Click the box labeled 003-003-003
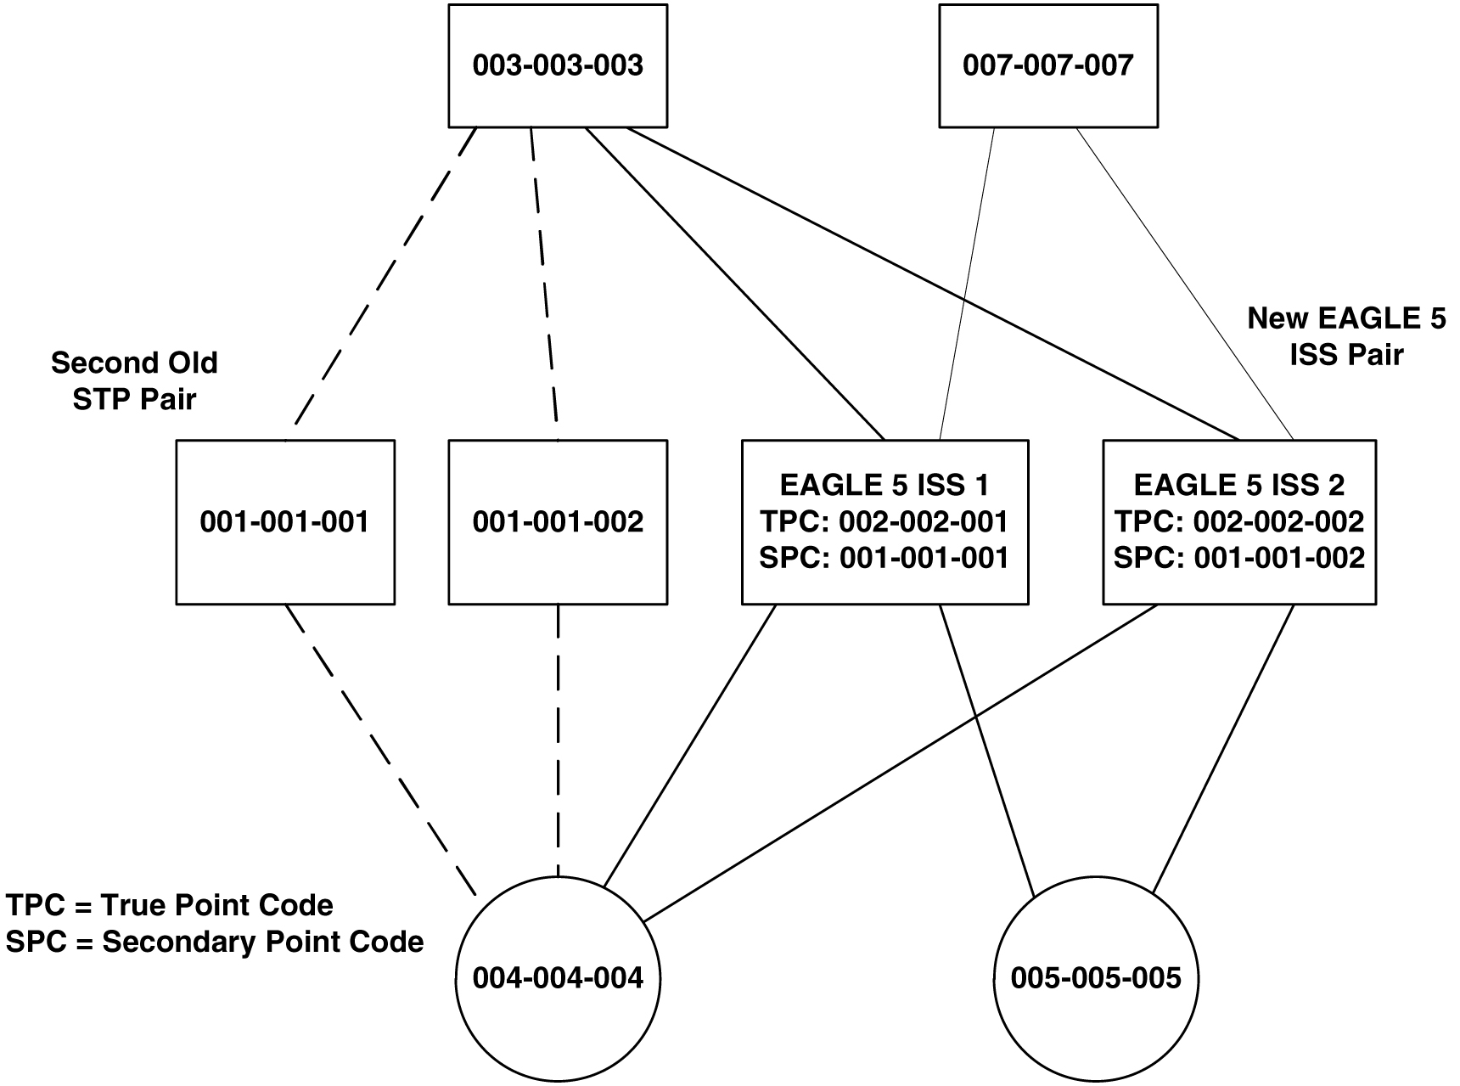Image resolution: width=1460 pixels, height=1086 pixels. click(x=558, y=65)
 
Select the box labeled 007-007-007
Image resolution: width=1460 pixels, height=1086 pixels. click(x=1047, y=65)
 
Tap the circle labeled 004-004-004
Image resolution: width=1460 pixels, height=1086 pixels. click(x=558, y=978)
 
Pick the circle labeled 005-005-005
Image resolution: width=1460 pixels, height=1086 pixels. click(x=1095, y=978)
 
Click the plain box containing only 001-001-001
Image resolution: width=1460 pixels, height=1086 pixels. click(x=285, y=521)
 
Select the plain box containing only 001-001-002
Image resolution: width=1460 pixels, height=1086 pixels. click(x=558, y=521)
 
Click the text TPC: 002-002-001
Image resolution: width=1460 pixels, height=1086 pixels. click(x=884, y=521)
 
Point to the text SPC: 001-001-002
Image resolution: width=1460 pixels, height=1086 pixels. click(x=1238, y=558)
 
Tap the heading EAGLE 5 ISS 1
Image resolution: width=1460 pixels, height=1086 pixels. click(x=884, y=485)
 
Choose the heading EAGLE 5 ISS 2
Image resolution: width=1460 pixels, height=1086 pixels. click(x=1238, y=485)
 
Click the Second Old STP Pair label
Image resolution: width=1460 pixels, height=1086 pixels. click(x=134, y=380)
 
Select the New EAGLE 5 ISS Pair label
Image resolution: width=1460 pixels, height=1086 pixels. click(x=1346, y=336)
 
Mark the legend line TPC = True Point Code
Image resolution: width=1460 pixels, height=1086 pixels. click(x=170, y=905)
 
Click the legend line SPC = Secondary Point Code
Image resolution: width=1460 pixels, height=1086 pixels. click(x=215, y=942)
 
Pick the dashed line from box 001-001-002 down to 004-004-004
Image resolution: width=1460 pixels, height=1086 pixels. click(x=558, y=739)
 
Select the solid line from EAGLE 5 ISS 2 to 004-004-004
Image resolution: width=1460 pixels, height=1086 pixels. click(x=900, y=762)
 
